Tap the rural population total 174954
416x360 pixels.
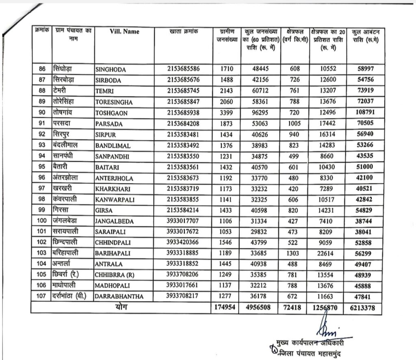click(x=225, y=307)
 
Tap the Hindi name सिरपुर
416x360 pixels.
click(x=63, y=134)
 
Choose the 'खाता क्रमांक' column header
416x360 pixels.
click(x=183, y=31)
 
